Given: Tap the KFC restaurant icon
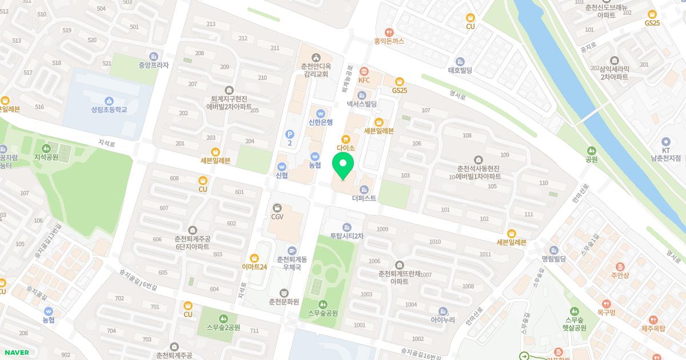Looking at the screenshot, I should click(x=364, y=71).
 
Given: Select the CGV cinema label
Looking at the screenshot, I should click(x=277, y=217).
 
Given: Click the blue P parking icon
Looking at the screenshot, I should click(x=289, y=134).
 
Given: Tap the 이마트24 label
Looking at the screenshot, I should click(x=254, y=267).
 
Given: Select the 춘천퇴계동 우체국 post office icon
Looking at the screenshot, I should click(x=292, y=251).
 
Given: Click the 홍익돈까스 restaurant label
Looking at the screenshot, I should click(x=389, y=41).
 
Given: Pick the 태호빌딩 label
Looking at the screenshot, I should click(x=460, y=70).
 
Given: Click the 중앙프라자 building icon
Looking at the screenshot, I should click(x=153, y=56).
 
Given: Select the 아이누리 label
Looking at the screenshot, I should click(x=442, y=320).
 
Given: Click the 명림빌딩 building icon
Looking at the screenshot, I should click(x=553, y=250).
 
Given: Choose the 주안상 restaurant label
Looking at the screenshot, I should click(x=620, y=275).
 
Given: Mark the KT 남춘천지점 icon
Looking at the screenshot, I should click(x=665, y=142).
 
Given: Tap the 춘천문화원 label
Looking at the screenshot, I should click(x=284, y=301).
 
